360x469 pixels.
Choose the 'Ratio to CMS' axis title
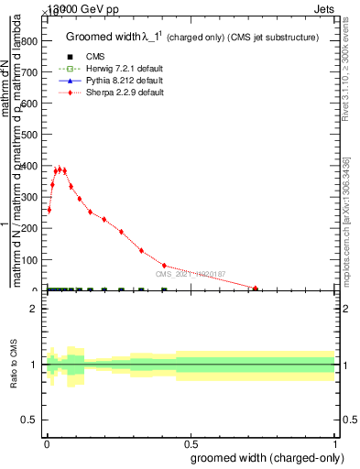pos(14,365)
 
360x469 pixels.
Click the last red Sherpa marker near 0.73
pos(256,289)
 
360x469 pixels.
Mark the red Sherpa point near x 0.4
pos(164,266)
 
